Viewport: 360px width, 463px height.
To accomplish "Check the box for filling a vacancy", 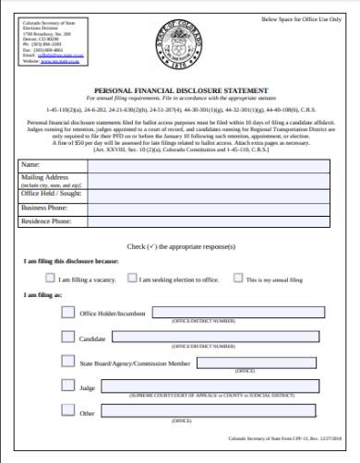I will tap(49, 277).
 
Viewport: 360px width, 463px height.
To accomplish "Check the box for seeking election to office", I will tap(132, 277).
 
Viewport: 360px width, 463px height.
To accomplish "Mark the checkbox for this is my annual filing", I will tap(238, 277).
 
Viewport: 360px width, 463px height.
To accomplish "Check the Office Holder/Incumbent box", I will tap(67, 312).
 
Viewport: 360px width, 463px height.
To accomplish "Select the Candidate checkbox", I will tap(67, 337).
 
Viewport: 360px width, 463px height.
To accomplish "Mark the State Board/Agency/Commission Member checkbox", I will tap(67, 362).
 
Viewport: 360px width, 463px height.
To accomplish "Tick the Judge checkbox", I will tap(67, 386).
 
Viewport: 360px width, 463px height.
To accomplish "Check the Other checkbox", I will tap(67, 411).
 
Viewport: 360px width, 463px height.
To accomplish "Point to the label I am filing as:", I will tap(43, 294).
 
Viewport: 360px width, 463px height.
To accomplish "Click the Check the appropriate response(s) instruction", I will tap(180, 247).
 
